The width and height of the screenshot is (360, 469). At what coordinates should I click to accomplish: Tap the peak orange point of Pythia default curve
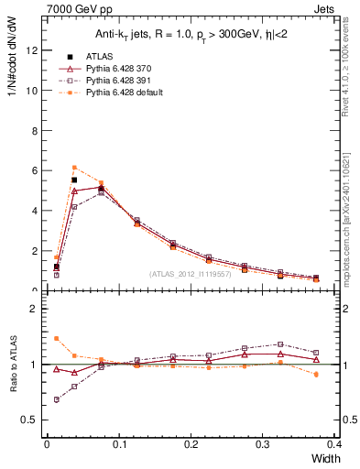click(74, 168)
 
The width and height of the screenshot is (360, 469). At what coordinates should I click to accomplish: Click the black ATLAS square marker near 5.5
click(74, 180)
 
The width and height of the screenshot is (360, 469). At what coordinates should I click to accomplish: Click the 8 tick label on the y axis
click(33, 130)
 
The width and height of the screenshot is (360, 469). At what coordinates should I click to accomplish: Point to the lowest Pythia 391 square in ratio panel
click(57, 399)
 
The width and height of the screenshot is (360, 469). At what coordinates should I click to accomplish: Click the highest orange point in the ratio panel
click(57, 338)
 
